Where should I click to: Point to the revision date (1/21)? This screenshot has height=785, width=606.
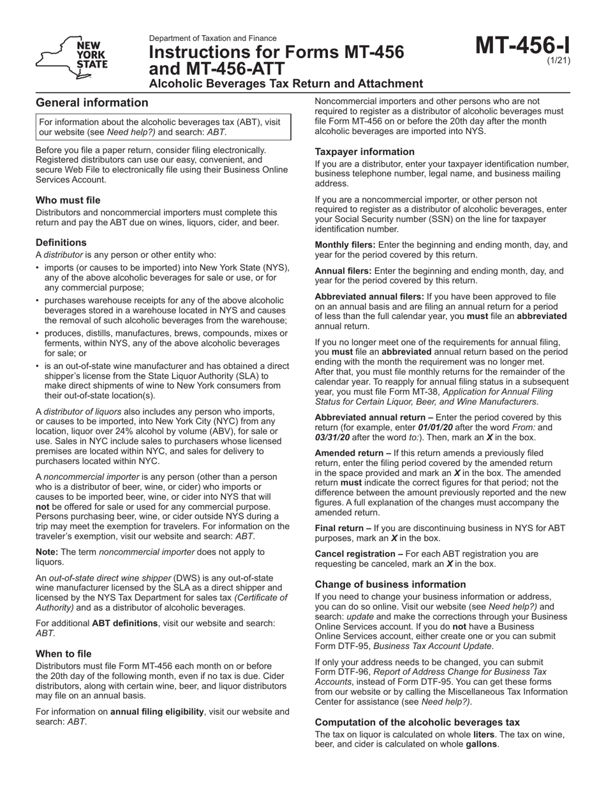click(x=559, y=61)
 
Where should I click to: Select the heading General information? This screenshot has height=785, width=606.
click(x=92, y=103)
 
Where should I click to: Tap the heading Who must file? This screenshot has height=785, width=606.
click(x=68, y=200)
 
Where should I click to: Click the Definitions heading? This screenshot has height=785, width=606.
click(x=61, y=243)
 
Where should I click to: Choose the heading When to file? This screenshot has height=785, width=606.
click(x=64, y=654)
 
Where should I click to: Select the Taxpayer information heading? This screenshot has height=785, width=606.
click(x=365, y=152)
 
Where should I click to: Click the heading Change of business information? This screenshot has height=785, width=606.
click(x=390, y=584)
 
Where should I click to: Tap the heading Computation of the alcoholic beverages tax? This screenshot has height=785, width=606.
click(x=417, y=722)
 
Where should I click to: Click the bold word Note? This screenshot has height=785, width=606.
click(x=47, y=551)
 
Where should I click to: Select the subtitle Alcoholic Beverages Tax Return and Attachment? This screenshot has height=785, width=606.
click(x=286, y=84)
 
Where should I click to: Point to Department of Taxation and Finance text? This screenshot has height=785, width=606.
click(x=213, y=38)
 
